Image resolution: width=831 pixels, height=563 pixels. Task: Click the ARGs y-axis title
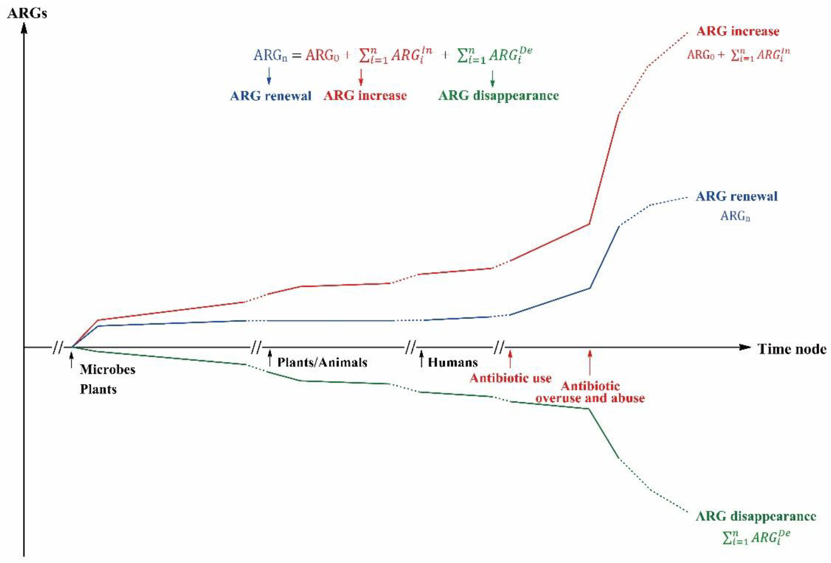(27, 14)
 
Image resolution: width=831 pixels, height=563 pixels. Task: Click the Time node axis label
(792, 349)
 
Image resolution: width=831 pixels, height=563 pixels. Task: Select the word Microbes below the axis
(108, 369)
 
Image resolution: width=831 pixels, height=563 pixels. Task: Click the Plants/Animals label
(322, 363)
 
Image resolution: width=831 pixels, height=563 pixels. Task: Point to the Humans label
(453, 363)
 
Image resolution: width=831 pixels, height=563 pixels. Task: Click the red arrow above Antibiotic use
(510, 359)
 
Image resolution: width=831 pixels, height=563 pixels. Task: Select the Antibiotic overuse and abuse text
(590, 392)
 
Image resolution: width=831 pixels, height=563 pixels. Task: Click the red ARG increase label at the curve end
(738, 31)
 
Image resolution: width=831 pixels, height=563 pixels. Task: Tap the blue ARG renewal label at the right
(737, 196)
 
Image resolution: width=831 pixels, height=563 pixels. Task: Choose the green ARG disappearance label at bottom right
(756, 517)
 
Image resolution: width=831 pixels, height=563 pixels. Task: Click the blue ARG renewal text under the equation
(271, 96)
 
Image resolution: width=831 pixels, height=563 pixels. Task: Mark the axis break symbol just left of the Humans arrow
(411, 347)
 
